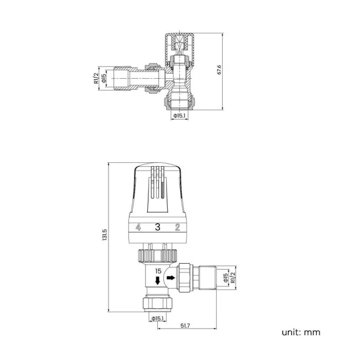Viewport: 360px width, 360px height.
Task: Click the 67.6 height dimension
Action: (219, 70)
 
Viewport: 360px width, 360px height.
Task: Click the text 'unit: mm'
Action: (301, 332)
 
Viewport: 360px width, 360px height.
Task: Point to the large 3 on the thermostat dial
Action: (157, 227)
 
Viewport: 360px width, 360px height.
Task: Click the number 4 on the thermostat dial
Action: (138, 227)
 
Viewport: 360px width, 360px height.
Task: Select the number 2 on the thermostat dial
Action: (177, 227)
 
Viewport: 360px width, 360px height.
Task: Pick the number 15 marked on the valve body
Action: (158, 271)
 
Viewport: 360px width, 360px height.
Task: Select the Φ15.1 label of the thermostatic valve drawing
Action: (158, 318)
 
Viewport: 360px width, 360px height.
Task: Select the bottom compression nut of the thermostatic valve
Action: (158, 302)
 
